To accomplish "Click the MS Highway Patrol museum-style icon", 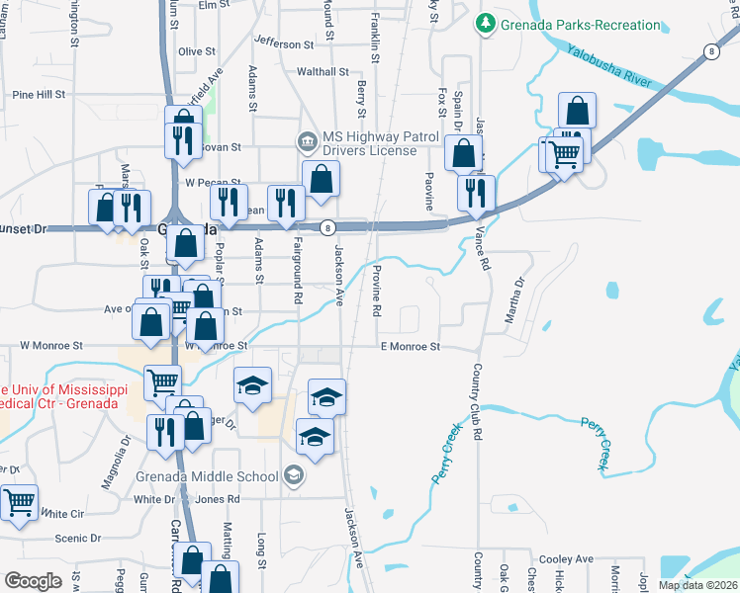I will pos(307,142).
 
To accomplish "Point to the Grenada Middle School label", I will pos(207,476).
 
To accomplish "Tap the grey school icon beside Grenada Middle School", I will pos(293,476).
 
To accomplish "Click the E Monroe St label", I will pos(410,347).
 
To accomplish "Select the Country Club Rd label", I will pos(477,401).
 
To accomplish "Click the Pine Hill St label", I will pos(39,95).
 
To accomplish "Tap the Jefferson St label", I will pos(283,43).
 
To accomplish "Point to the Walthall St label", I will pos(323,72).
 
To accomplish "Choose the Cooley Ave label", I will pos(567,559).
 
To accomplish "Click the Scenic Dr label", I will pos(79,539).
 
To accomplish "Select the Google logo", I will pos(33,581).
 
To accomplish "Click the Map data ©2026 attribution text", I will pos(697,585).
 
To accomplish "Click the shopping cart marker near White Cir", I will pos(19,503).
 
